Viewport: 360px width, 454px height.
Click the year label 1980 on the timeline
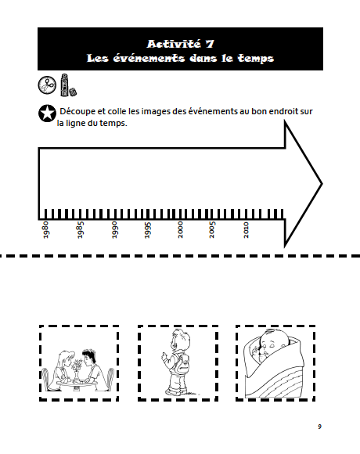pos(45,230)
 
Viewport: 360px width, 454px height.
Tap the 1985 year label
pos(80,230)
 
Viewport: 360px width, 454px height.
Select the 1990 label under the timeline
pos(114,230)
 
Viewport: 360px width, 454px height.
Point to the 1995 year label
pos(148,230)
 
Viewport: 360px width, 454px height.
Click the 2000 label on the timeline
pos(180,230)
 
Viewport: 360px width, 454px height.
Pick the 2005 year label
pos(212,230)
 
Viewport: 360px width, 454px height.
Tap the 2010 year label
pos(246,230)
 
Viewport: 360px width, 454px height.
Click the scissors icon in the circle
pos(47,85)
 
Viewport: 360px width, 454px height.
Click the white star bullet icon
pos(47,113)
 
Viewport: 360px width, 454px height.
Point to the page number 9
pos(319,427)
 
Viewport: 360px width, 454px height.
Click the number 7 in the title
pos(210,44)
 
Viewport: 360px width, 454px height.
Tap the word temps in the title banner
pos(256,59)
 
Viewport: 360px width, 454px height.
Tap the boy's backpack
pos(182,364)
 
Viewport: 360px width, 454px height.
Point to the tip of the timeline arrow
pos(322,184)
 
